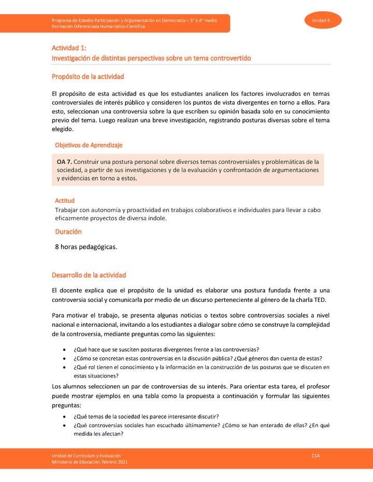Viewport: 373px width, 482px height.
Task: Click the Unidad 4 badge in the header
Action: [x=321, y=20]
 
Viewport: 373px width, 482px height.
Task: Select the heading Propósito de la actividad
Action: [x=88, y=77]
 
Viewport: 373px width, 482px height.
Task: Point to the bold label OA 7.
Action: [x=64, y=162]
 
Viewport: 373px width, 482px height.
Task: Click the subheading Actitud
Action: [x=65, y=200]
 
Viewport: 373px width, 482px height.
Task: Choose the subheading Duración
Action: [x=68, y=232]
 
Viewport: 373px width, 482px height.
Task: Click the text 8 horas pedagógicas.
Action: [x=86, y=247]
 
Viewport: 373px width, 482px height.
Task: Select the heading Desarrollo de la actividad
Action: [x=89, y=275]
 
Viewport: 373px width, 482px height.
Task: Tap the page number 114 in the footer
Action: [x=315, y=455]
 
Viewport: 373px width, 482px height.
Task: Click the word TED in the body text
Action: [x=323, y=300]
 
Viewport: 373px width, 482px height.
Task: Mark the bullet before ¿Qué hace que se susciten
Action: [x=64, y=350]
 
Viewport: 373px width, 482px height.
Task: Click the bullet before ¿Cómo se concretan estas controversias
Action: [x=64, y=358]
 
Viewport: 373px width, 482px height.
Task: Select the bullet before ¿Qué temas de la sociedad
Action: [x=64, y=417]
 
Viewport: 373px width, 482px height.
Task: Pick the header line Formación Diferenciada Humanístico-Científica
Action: [x=98, y=26]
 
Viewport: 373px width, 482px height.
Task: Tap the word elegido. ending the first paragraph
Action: [x=63, y=129]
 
